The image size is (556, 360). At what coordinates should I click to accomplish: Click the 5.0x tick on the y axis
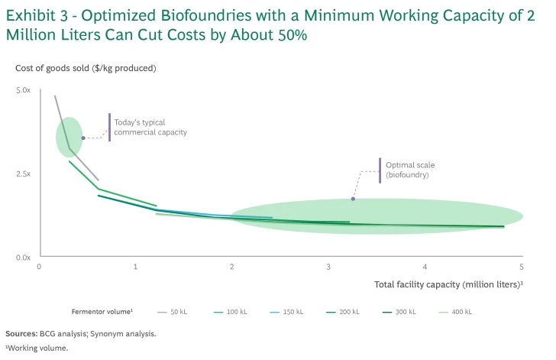coord(23,90)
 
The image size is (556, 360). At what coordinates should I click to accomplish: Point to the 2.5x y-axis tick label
coord(23,174)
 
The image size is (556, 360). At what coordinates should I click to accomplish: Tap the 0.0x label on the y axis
coord(23,258)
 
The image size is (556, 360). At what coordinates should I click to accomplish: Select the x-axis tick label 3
coord(328,267)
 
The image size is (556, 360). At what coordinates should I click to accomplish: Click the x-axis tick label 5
coord(522,267)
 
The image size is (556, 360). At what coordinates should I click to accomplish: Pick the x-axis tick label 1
coord(135,267)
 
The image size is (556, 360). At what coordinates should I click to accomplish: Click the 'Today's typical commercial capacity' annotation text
coord(150,127)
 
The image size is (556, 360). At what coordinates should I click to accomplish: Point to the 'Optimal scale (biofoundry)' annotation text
coord(410,170)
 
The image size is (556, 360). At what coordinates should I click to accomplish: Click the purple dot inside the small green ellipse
coord(83,138)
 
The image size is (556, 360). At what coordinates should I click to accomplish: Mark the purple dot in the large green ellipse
coord(353,199)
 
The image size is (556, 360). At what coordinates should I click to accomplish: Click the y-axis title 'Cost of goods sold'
coord(86,68)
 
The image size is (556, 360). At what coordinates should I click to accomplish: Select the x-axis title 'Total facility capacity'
coord(448,284)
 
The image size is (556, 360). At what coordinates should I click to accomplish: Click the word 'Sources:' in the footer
coord(21,333)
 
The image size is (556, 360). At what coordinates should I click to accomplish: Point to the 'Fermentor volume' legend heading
coord(102,312)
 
